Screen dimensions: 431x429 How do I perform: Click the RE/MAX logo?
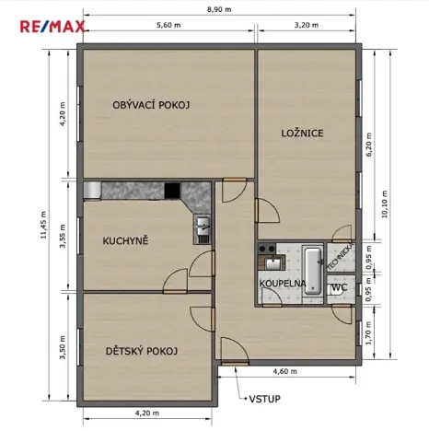point(53,25)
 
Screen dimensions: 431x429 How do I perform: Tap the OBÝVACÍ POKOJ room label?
point(151,105)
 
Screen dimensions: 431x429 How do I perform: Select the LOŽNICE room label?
point(302,134)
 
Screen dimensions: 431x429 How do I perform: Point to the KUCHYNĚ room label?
point(126,241)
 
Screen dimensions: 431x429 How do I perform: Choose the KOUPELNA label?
point(282,284)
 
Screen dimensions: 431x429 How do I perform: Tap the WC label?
point(338,287)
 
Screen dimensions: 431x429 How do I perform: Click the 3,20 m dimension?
point(307,26)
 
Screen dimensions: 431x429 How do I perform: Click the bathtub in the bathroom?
point(311,260)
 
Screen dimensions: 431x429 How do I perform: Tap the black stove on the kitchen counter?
point(172,191)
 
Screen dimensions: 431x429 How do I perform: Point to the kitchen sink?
point(202,227)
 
